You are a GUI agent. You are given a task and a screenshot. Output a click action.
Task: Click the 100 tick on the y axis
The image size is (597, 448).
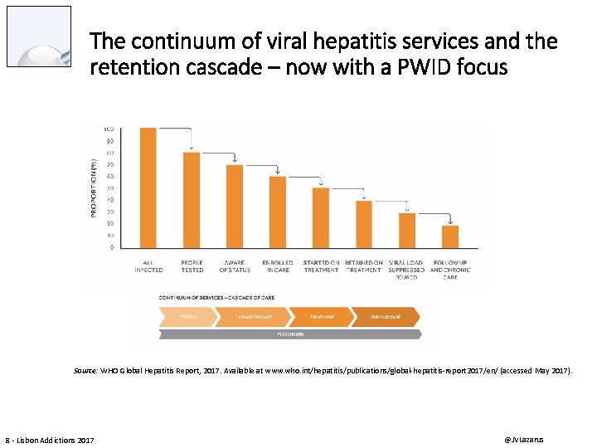[x=109, y=129]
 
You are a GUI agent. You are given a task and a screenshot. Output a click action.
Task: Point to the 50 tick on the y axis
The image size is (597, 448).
[x=109, y=188]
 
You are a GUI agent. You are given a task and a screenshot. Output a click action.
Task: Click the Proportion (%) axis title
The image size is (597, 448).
[x=94, y=188]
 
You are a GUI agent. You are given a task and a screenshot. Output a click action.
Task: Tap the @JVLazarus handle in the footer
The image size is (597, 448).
[x=527, y=438]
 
